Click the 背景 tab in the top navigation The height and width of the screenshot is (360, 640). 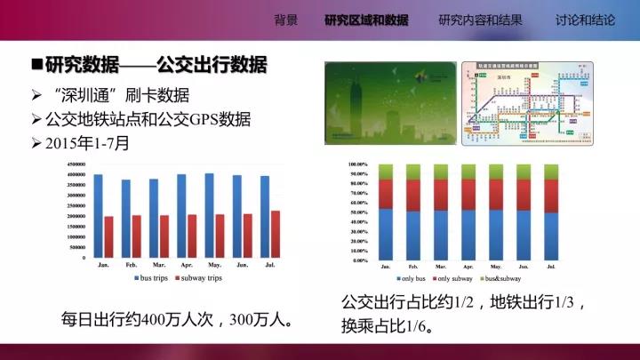(286, 20)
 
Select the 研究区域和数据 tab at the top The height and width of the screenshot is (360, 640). (366, 20)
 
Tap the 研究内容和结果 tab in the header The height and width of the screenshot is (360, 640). (480, 20)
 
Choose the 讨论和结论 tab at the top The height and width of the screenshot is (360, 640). (585, 20)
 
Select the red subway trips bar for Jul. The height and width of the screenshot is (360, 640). (276, 234)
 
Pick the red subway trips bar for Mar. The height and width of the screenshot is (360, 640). (164, 236)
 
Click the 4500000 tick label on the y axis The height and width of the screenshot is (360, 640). (73, 165)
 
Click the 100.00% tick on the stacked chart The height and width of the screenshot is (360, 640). (355, 164)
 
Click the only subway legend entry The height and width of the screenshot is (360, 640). (452, 278)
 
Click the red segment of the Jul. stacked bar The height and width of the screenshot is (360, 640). (551, 196)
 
